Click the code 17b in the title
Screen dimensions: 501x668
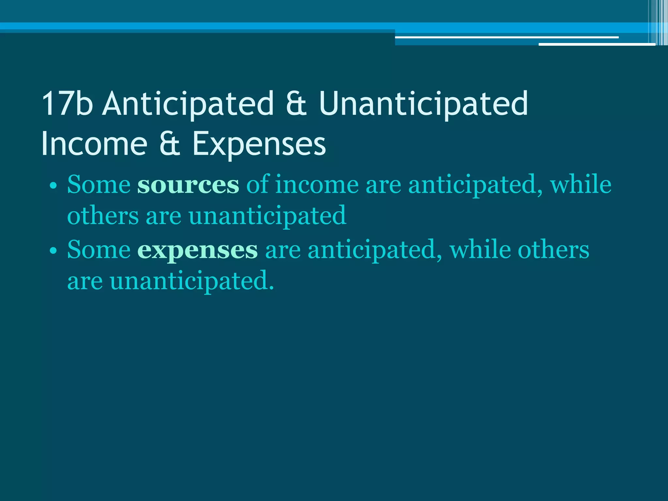67,104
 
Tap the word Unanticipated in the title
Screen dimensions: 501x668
423,104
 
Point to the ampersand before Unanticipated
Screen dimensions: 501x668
296,104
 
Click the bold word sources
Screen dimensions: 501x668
188,185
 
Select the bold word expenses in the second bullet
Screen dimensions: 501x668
197,250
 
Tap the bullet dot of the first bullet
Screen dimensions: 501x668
53,186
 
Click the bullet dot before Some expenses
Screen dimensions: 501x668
53,251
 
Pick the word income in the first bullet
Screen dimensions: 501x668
317,185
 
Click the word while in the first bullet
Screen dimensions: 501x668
581,185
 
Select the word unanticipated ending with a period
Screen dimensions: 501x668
192,281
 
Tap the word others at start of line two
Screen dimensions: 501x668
103,216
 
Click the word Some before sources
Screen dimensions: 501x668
99,185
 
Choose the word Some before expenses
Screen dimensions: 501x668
99,250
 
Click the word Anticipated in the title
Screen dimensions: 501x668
188,104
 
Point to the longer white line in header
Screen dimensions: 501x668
507,38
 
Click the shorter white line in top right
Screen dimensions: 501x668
597,44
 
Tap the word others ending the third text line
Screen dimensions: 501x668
554,250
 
